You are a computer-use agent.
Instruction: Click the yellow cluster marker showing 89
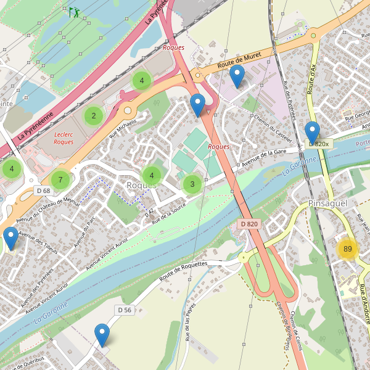coord(348,249)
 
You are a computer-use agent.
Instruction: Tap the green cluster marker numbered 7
coord(60,180)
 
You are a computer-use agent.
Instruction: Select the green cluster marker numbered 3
coord(192,184)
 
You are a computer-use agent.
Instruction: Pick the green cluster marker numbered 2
coord(94,115)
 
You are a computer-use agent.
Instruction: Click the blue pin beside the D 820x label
coord(313,133)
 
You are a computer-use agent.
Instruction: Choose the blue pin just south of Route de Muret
coord(237,76)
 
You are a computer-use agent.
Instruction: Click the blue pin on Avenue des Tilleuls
coord(10,238)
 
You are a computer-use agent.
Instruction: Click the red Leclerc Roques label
coord(64,138)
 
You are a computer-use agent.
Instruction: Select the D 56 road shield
coord(124,310)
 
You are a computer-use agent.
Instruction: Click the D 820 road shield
coord(249,224)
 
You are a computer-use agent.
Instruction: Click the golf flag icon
coord(74,12)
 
